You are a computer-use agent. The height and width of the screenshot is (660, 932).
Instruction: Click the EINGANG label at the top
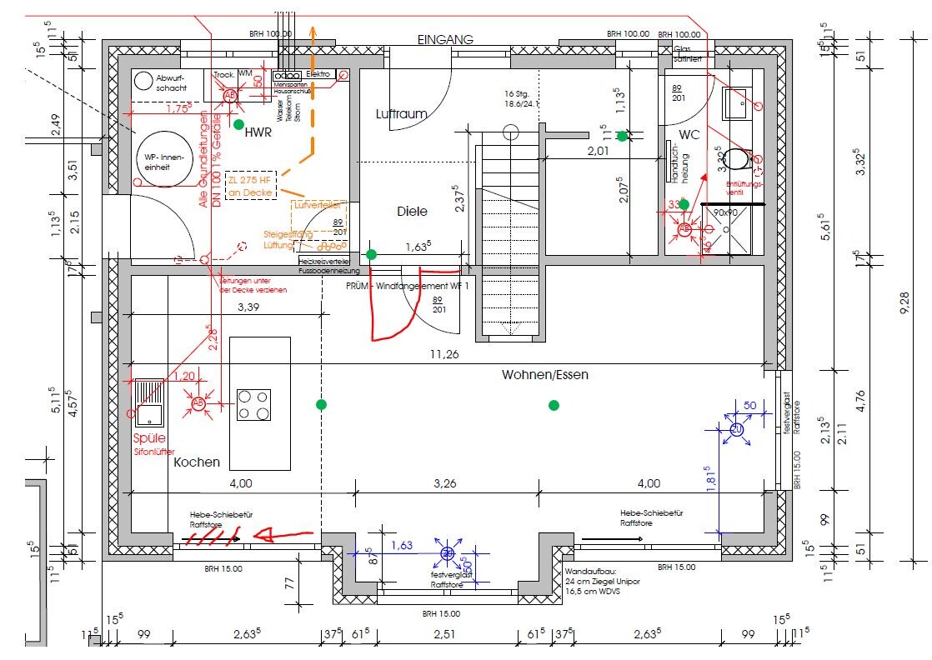[445, 39]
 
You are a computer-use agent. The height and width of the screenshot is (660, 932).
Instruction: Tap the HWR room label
[260, 132]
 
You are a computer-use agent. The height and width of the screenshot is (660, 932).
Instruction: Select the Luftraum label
[401, 113]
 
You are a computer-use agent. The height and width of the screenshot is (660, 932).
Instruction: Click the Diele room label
[412, 212]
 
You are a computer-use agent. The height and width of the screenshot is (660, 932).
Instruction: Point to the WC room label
[689, 134]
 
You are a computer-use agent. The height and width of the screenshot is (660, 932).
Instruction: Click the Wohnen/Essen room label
[544, 375]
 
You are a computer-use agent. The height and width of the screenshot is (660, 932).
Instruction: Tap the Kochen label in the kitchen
[197, 462]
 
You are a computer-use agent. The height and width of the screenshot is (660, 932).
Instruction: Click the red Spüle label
[149, 438]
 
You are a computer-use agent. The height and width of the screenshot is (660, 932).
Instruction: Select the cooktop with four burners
[253, 404]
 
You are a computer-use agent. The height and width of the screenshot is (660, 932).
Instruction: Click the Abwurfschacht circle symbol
[144, 81]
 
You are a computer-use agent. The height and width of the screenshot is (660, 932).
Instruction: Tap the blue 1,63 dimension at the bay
[402, 546]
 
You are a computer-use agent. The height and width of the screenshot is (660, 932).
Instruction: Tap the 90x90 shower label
[726, 212]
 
